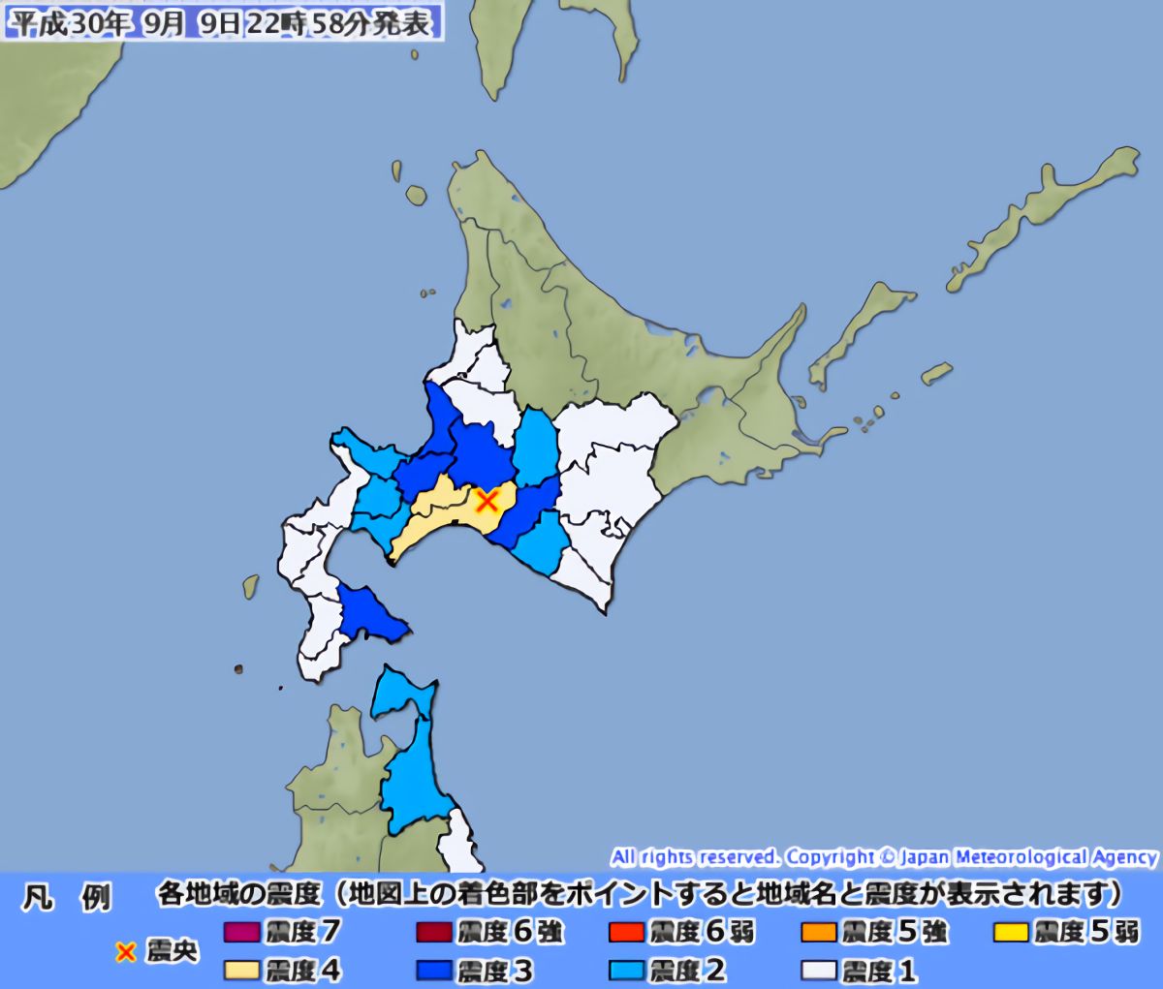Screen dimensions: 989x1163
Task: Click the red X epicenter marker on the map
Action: point(487,500)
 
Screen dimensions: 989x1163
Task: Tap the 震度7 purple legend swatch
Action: point(241,933)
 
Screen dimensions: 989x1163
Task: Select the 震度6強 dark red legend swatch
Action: point(434,933)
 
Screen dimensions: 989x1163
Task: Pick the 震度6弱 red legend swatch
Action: point(627,933)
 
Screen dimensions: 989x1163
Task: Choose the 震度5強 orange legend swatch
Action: point(820,933)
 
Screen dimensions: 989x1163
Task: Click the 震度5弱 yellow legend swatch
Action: point(1012,933)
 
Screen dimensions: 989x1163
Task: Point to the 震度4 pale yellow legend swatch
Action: point(241,970)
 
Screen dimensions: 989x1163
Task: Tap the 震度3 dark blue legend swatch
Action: point(434,970)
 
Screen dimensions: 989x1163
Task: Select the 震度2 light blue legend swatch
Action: point(627,970)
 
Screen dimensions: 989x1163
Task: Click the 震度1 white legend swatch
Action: point(820,970)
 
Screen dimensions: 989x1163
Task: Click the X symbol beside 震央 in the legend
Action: point(125,952)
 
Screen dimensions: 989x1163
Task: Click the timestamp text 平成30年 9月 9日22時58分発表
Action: point(222,23)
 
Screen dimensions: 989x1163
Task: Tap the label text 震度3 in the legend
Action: point(494,970)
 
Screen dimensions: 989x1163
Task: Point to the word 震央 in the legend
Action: point(172,952)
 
